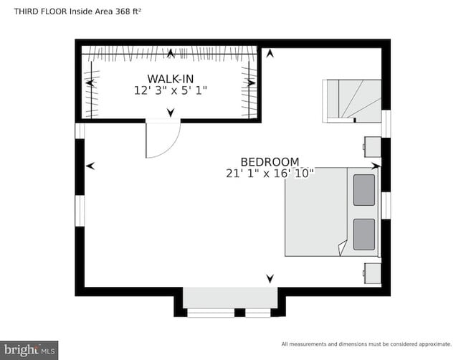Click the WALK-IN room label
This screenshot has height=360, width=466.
(170, 78)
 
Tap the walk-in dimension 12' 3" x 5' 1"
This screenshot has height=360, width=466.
(170, 90)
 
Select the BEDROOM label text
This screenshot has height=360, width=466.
(270, 162)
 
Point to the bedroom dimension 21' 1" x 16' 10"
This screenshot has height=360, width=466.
(270, 174)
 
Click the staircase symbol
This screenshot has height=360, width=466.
(351, 100)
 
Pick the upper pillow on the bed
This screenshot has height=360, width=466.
(364, 190)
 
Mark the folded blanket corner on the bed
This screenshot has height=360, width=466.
(342, 247)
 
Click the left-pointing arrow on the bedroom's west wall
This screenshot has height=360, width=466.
(90, 166)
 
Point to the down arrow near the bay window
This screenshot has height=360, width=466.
(270, 278)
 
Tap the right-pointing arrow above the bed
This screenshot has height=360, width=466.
(375, 166)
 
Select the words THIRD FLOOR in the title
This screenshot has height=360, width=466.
(34, 10)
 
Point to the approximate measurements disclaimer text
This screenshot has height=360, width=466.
(366, 344)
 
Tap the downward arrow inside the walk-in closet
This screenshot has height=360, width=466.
(170, 112)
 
